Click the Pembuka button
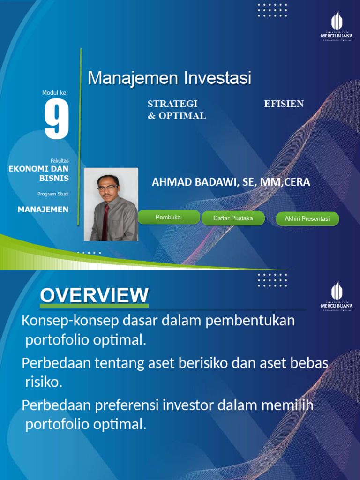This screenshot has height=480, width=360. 168,217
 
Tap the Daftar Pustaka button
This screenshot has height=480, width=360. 233,218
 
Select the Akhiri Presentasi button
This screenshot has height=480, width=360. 307,219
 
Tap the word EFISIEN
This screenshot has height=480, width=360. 284,104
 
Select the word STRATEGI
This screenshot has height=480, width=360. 172,104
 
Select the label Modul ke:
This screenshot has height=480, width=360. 55,93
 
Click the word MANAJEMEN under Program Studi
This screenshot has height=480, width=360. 43,210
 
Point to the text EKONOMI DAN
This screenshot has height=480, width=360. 39,168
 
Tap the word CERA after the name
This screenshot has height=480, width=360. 297,182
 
